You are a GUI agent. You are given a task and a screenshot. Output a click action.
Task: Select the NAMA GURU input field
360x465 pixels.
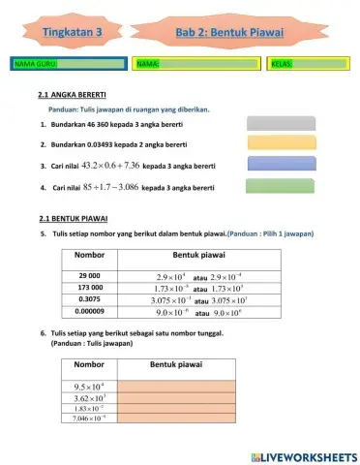pyautogui.click(x=68, y=64)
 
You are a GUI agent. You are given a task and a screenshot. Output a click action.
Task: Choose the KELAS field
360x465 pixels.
pyautogui.click(x=306, y=64)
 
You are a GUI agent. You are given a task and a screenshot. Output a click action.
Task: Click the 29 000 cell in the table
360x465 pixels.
pyautogui.click(x=89, y=276)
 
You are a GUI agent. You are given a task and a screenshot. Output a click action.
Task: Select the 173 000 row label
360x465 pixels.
pyautogui.click(x=89, y=289)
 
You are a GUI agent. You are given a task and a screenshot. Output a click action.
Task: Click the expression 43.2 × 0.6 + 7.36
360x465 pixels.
pyautogui.click(x=112, y=166)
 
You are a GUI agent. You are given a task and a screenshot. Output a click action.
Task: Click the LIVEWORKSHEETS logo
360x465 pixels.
pyautogui.click(x=302, y=454)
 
